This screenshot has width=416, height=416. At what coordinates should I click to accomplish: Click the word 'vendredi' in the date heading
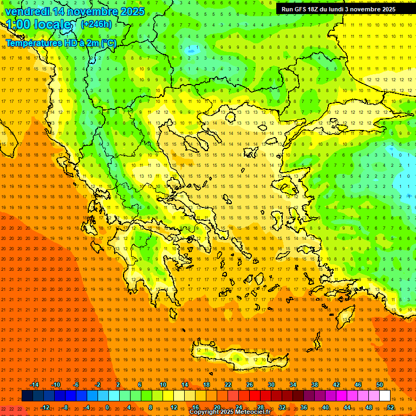click(28, 11)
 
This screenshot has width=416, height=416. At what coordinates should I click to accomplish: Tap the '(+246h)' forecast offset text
click(96, 24)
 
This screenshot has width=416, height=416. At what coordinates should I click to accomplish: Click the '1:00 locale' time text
click(39, 25)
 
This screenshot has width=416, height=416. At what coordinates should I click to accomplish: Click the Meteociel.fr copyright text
click(230, 412)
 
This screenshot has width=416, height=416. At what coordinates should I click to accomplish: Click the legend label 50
click(379, 385)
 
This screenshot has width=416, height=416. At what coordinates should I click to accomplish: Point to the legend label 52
click(391, 407)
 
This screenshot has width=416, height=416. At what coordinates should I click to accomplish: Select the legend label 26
click(250, 385)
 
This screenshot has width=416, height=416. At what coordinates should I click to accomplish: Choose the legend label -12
click(45, 407)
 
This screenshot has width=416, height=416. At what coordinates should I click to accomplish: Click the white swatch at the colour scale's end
click(385, 396)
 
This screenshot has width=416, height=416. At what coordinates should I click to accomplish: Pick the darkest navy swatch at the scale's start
click(27, 396)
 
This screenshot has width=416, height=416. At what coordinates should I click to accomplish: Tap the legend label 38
click(315, 385)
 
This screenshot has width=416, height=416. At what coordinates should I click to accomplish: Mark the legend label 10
click(163, 385)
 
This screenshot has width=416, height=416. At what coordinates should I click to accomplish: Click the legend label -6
click(76, 385)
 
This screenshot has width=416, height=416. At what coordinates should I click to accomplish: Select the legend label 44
click(347, 407)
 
